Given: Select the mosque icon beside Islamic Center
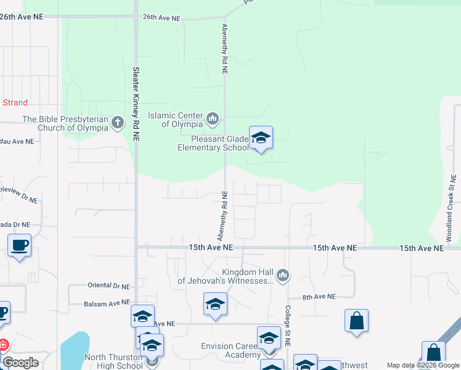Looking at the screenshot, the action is [x=213, y=118].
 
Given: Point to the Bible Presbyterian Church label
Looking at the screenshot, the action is [x=65, y=123].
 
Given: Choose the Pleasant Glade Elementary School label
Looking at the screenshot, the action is [x=213, y=143].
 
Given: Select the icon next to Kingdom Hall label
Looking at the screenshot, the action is [x=283, y=275].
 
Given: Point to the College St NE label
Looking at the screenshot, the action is [x=287, y=324].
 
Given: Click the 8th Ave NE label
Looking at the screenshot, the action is [x=319, y=297].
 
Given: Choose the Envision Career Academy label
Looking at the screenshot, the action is [x=230, y=350].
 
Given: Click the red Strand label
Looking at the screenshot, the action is [x=15, y=102].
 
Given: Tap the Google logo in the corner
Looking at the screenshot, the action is [x=20, y=363].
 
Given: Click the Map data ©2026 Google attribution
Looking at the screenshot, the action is [x=423, y=366].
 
